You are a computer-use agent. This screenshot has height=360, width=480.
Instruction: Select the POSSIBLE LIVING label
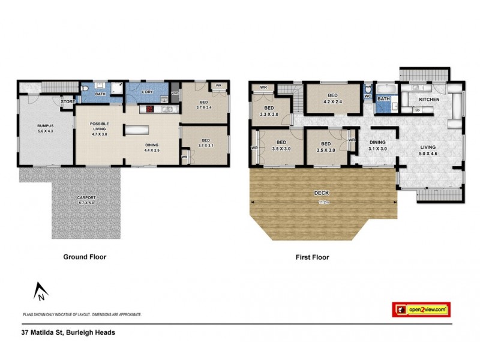click(x=99, y=128)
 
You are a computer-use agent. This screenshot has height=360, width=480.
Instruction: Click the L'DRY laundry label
click(x=146, y=92)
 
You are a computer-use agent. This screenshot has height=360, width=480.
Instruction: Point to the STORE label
click(x=68, y=101)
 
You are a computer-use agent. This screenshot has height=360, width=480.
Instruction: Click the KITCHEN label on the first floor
click(x=429, y=99)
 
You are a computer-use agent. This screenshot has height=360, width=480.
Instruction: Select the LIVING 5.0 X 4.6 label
click(x=428, y=149)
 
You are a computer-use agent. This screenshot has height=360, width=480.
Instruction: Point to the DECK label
click(x=322, y=193)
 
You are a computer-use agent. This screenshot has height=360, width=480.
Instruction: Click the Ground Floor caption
click(x=85, y=257)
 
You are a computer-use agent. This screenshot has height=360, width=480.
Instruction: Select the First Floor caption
click(x=312, y=257)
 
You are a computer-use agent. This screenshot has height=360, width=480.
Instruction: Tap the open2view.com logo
click(x=421, y=310)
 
